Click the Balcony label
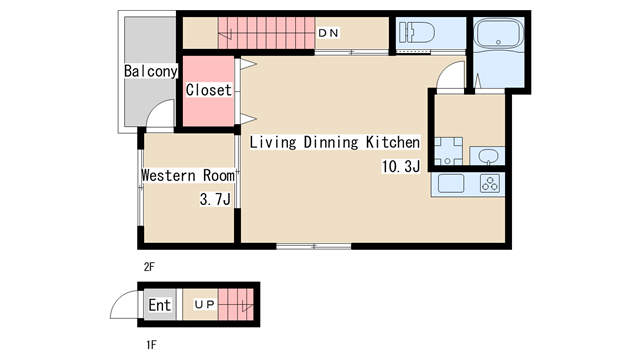[151, 71]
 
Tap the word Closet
[209, 90]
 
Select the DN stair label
[329, 33]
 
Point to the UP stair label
[204, 304]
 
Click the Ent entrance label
[159, 305]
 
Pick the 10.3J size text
[400, 167]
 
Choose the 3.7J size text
[215, 199]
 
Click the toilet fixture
[417, 32]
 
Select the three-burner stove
[490, 183]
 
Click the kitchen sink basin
[451, 183]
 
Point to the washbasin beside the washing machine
[487, 156]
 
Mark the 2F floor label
[149, 267]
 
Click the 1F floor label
[151, 345]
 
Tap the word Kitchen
[393, 142]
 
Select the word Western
[169, 176]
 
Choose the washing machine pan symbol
[448, 151]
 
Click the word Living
[273, 142]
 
